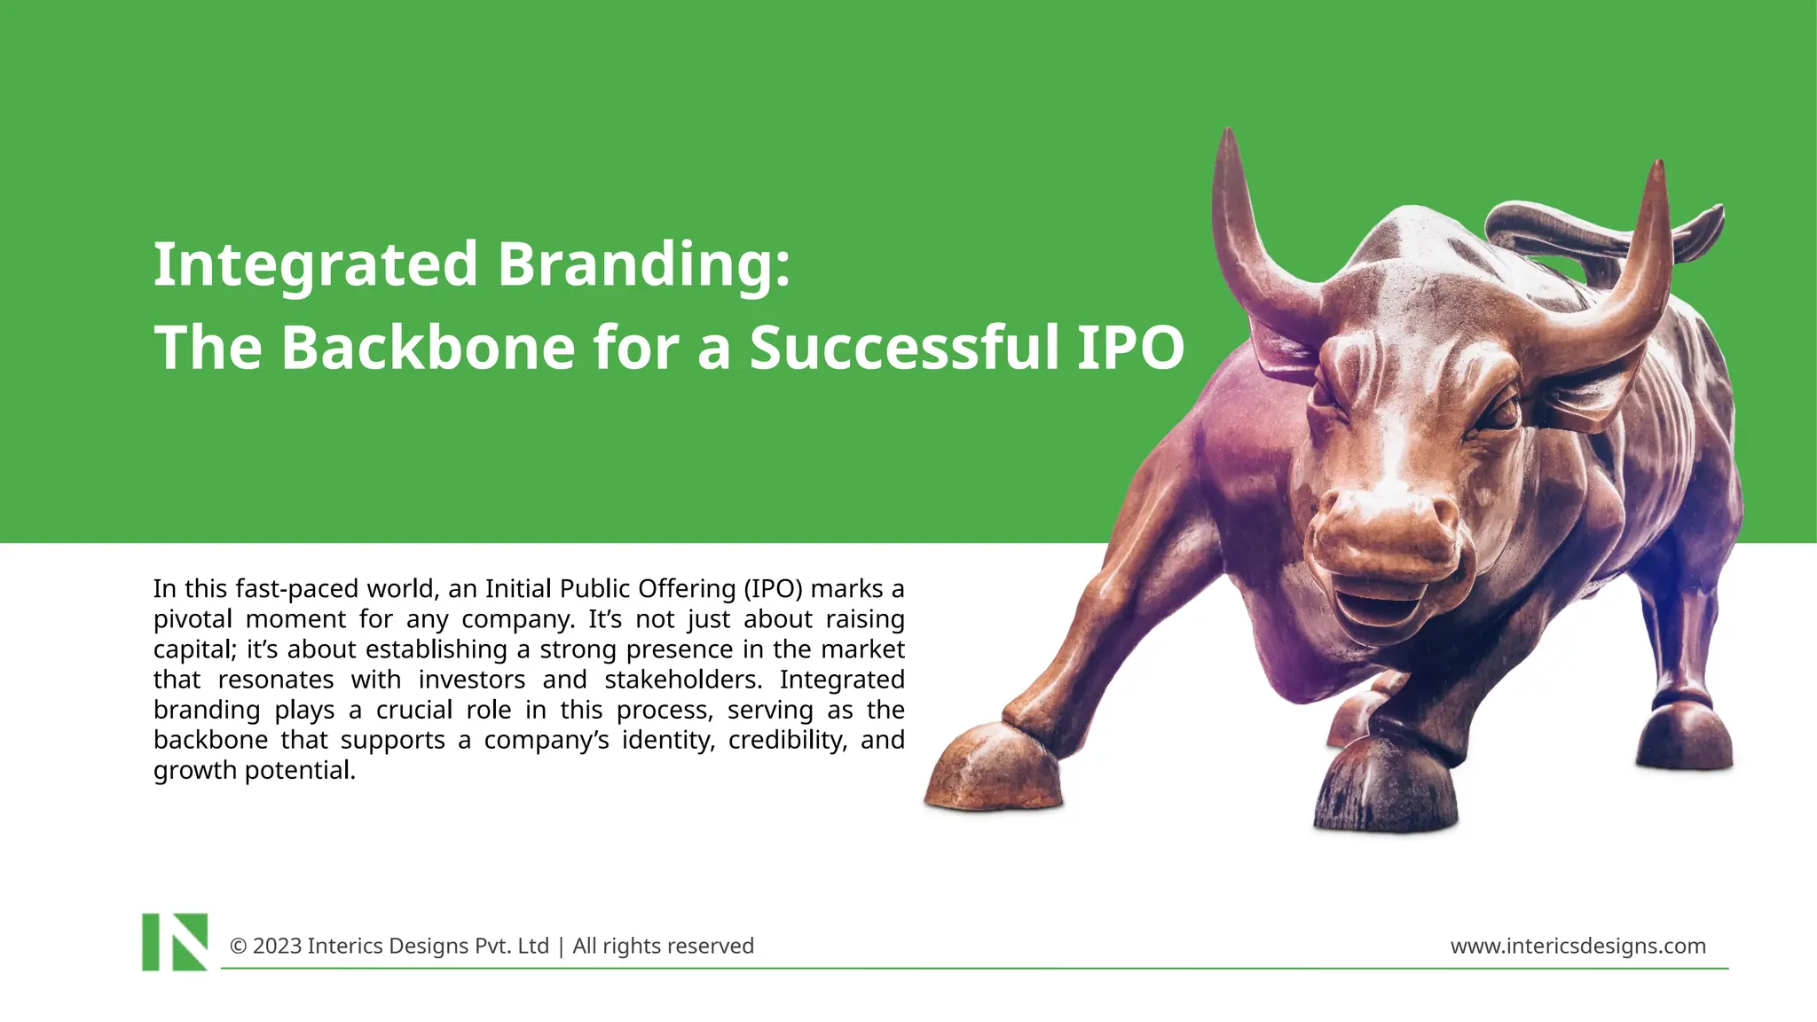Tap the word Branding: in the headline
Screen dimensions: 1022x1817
[x=643, y=264]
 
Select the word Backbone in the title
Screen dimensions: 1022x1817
[x=428, y=347]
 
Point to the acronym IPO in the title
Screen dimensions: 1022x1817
[x=1130, y=347]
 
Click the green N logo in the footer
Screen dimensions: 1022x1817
[x=175, y=941]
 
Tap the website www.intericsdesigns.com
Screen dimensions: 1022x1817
[x=1577, y=946]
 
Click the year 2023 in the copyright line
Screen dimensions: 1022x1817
[x=277, y=946]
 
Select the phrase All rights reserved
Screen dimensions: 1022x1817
[x=663, y=946]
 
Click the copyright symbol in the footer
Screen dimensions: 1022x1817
[x=238, y=946]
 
